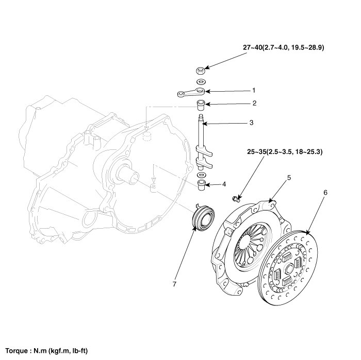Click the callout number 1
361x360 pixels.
(254, 90)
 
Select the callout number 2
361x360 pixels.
(254, 103)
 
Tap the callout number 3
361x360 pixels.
(252, 123)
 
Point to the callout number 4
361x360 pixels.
(224, 184)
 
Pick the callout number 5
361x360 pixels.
(289, 178)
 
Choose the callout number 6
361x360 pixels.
(325, 193)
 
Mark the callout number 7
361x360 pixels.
(174, 284)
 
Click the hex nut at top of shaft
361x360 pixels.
(201, 70)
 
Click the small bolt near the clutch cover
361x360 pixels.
(235, 199)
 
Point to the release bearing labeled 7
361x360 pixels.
(203, 217)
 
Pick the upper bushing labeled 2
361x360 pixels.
(201, 106)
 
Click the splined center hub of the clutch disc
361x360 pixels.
(289, 268)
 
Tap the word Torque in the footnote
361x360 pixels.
(16, 351)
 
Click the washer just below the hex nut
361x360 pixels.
(201, 81)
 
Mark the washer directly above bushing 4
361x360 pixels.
(202, 175)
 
